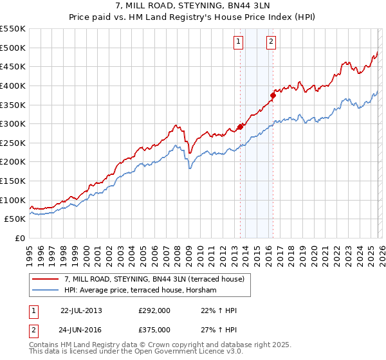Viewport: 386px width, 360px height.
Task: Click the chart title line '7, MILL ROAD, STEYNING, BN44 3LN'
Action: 192,8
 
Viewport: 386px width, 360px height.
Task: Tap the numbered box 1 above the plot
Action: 238,42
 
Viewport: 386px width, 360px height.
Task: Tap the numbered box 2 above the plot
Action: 271,42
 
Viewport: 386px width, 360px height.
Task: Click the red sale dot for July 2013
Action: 241,127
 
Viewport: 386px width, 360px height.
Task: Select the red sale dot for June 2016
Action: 273,95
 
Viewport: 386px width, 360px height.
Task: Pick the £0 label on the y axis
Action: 19,238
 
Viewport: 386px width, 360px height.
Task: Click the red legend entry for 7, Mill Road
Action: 154,280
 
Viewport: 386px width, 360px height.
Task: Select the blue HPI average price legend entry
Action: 141,290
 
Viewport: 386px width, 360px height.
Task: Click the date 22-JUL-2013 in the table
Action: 81,310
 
